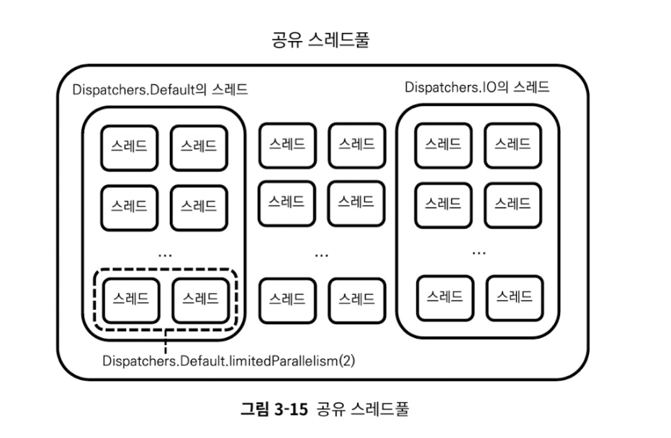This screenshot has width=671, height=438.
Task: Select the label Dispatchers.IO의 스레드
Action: point(477,88)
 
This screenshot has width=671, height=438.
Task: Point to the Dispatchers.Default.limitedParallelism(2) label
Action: point(229,359)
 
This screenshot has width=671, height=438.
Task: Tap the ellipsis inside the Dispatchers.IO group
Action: point(479,252)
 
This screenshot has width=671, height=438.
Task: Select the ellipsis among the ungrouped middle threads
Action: point(321,254)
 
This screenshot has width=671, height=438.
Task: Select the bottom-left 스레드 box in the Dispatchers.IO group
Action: point(443,296)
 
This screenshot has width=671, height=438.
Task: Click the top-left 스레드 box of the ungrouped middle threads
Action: point(287,144)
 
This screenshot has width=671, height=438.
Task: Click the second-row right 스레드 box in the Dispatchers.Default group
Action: point(199,206)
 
